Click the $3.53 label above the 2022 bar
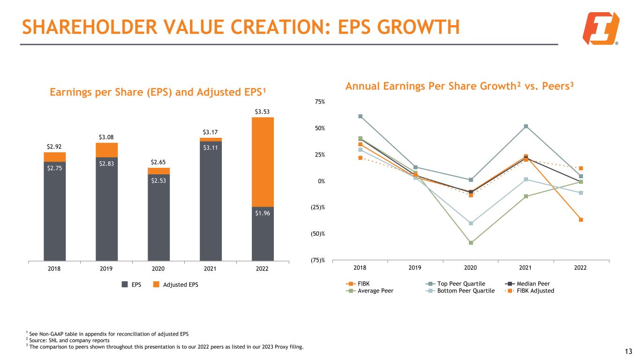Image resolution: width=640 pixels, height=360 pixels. tap(263, 112)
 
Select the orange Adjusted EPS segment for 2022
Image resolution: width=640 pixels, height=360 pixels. tap(263, 162)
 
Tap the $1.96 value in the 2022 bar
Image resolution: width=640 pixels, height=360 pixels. tap(263, 213)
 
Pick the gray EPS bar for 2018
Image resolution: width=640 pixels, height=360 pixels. tap(55, 211)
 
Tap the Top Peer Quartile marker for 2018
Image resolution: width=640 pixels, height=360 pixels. tap(360, 116)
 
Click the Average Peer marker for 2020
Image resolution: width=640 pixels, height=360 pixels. tap(470, 243)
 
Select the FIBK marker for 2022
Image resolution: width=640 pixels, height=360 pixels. tap(580, 219)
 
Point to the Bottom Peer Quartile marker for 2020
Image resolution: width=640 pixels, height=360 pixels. tap(470, 223)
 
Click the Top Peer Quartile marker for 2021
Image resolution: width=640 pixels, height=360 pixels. tap(526, 126)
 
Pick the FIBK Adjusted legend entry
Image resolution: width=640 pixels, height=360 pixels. tap(535, 291)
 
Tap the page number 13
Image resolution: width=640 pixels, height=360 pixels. tap(628, 352)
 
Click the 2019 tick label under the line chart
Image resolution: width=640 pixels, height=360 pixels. tap(415, 267)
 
